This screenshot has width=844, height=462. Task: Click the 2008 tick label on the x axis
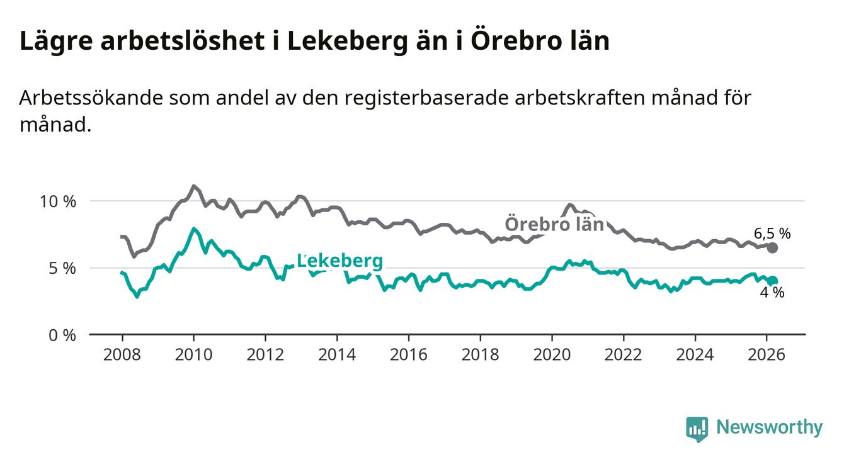[x=122, y=354]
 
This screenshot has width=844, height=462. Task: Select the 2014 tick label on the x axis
[x=337, y=354]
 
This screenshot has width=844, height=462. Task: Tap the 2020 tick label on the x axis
[x=552, y=354]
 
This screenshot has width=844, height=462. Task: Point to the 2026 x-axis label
[x=767, y=354]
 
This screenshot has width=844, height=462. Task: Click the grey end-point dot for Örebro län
[x=772, y=248]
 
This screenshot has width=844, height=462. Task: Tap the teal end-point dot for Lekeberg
[x=772, y=281]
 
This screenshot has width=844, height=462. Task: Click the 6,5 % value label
[x=772, y=234]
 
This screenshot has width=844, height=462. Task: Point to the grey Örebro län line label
[x=554, y=224]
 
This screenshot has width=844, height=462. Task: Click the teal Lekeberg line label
[x=339, y=261]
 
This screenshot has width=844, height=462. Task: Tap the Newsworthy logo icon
[x=697, y=429]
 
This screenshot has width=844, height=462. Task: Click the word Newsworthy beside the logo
[x=770, y=428]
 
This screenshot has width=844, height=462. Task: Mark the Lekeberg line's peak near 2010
[x=193, y=228]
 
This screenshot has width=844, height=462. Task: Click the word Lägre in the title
[x=54, y=42]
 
